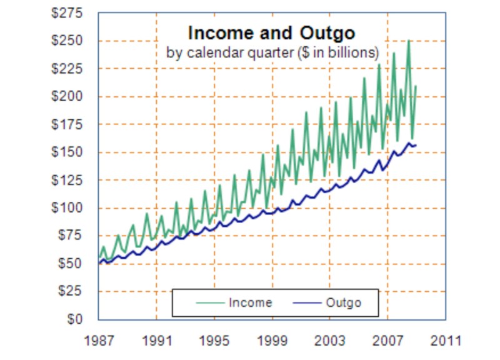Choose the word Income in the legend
pos(251,303)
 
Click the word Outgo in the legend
pos(344,303)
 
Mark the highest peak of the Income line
pos(409,41)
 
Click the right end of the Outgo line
pos(416,145)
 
